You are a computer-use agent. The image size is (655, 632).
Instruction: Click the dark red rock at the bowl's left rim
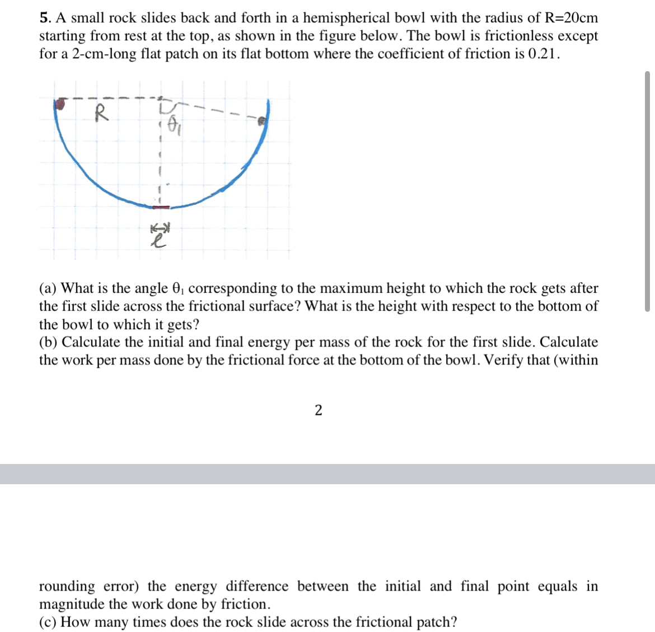tap(60, 103)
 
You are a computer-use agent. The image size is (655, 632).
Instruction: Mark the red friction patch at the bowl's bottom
tap(161, 207)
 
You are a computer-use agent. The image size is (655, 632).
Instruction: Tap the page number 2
tap(319, 410)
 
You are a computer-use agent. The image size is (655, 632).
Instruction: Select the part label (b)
tap(49, 342)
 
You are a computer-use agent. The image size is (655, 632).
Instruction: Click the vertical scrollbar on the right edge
tap(648, 190)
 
